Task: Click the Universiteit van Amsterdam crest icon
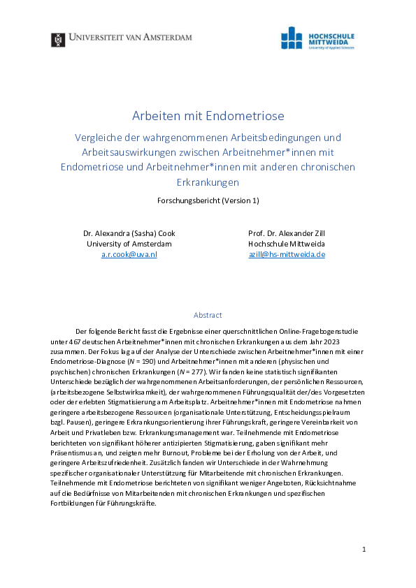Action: click(x=58, y=40)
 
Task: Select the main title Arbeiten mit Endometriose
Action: click(x=208, y=115)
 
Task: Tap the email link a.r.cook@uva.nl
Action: click(x=129, y=255)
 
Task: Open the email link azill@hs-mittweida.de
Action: click(x=287, y=255)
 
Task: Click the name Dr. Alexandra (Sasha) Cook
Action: click(x=129, y=233)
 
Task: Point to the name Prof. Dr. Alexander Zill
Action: click(x=287, y=233)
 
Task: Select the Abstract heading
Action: click(x=208, y=315)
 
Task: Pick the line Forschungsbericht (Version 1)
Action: click(x=208, y=200)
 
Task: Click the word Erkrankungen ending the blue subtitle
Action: click(x=208, y=183)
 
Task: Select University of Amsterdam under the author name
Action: click(x=129, y=244)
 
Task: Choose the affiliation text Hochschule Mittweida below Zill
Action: click(x=287, y=244)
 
